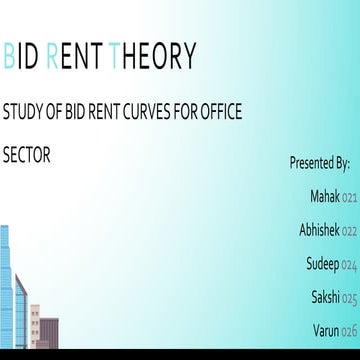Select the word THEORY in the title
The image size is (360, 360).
pyautogui.click(x=155, y=57)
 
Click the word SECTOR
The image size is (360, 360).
pyautogui.click(x=27, y=156)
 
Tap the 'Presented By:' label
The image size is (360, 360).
pyautogui.click(x=319, y=161)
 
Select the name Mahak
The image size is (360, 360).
pyautogui.click(x=325, y=196)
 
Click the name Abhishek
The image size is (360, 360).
pyautogui.click(x=319, y=230)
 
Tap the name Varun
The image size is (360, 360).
pyautogui.click(x=325, y=330)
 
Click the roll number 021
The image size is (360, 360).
pyautogui.click(x=349, y=198)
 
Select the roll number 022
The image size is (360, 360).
pyautogui.click(x=349, y=232)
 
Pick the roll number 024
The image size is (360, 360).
pyautogui.click(x=349, y=266)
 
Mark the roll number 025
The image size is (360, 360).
pyautogui.click(x=349, y=299)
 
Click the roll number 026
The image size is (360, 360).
pyautogui.click(x=349, y=332)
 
